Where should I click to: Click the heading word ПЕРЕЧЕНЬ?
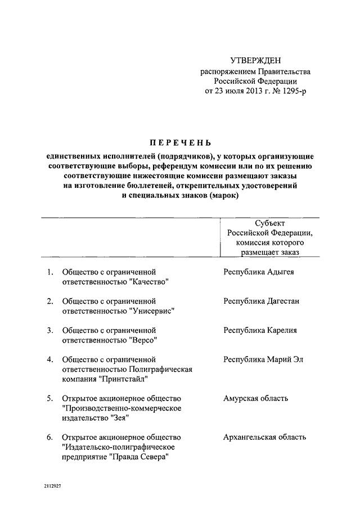181,142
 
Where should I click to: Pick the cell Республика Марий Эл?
263,359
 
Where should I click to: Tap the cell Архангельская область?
264,437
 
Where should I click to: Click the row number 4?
49,359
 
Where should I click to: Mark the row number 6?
49,437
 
